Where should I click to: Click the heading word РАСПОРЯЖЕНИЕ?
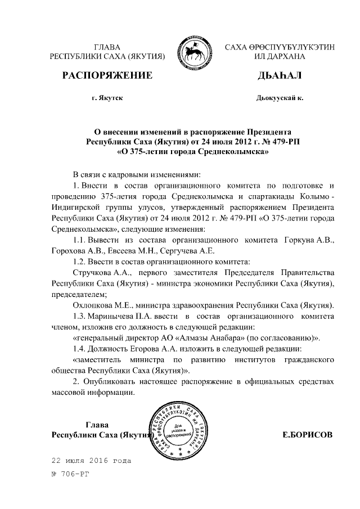click(107, 75)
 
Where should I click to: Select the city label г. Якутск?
click(107, 98)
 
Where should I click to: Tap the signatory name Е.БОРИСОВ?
click(307, 435)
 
